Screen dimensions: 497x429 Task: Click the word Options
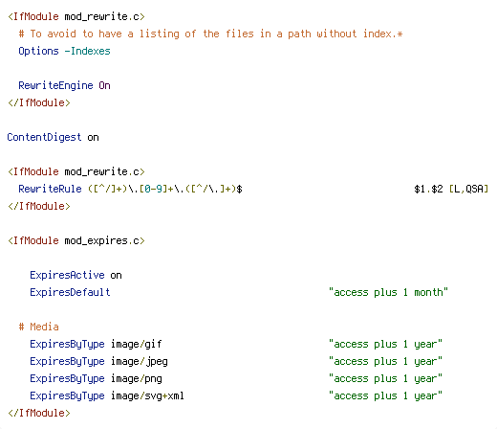38,51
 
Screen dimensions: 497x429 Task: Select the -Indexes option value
87,51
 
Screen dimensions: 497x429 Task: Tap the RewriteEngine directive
55,85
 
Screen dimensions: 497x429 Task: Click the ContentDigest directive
44,137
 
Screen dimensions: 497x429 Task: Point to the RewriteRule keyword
50,189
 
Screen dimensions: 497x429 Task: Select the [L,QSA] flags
468,189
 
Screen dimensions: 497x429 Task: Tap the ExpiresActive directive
67,275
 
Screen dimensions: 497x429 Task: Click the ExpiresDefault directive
70,292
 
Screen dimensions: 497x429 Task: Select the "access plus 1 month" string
388,292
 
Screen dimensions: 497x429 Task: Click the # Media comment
38,327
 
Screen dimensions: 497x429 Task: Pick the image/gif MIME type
136,344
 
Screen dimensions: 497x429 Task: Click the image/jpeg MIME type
139,361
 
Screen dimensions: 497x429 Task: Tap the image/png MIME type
136,378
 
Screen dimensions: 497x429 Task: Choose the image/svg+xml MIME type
147,395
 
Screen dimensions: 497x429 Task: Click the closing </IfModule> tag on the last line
38,413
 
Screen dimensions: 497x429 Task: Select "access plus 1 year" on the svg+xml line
385,395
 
